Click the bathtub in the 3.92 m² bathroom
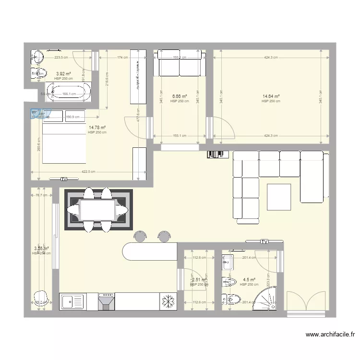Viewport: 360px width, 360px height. pos(71,93)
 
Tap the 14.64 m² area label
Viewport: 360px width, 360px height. pos(271,96)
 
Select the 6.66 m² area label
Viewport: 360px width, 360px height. pos(179,96)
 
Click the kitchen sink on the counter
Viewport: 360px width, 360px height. pos(72,302)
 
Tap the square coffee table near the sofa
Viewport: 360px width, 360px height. pos(279,197)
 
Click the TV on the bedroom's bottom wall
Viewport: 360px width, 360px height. pos(63,179)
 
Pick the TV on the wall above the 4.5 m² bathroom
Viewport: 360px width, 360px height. pos(264,241)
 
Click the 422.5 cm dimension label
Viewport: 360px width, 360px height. pos(88,172)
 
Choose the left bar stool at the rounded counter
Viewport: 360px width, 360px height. pos(140,236)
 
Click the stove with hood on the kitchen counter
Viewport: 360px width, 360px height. pos(107,301)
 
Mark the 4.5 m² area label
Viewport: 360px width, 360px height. pos(249,279)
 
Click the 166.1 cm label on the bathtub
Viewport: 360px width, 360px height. pos(70,94)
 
